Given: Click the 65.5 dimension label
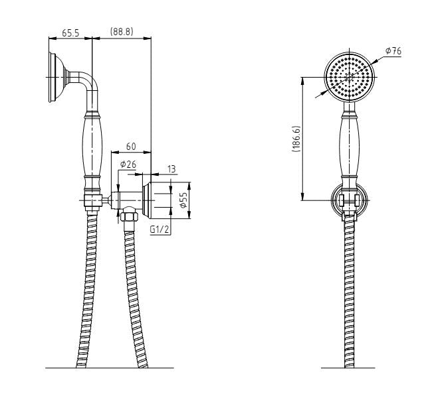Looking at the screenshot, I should click(72, 32).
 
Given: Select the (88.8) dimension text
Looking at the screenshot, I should click(122, 32).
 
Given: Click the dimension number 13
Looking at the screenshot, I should click(171, 170).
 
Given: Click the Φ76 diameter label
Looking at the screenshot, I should click(393, 51).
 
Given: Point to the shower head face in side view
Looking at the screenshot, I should click(54, 78).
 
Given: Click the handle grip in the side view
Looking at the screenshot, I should click(92, 146).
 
